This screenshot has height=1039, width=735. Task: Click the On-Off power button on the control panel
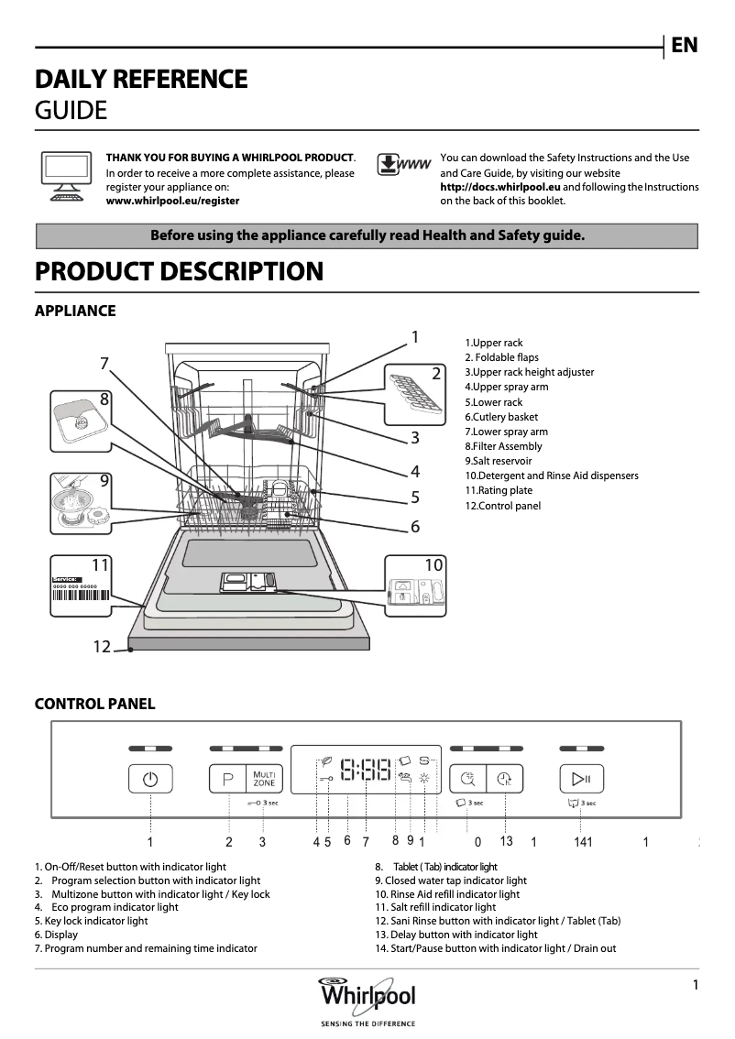point(150,780)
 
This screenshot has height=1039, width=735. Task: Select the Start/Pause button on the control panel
point(581,779)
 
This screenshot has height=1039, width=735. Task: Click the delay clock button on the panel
point(504,779)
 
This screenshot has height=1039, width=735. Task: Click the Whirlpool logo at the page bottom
point(367,995)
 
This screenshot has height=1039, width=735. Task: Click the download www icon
point(402,165)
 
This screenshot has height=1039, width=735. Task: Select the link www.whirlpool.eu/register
point(172,201)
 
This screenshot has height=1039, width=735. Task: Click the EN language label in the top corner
point(684,45)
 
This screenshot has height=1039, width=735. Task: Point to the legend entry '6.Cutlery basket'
point(501,417)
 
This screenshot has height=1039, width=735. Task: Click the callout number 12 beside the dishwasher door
point(101,647)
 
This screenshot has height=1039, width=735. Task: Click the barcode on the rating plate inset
point(80,595)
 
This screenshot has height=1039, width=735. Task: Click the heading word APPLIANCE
point(75,311)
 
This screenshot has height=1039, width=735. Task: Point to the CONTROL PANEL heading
point(94,704)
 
